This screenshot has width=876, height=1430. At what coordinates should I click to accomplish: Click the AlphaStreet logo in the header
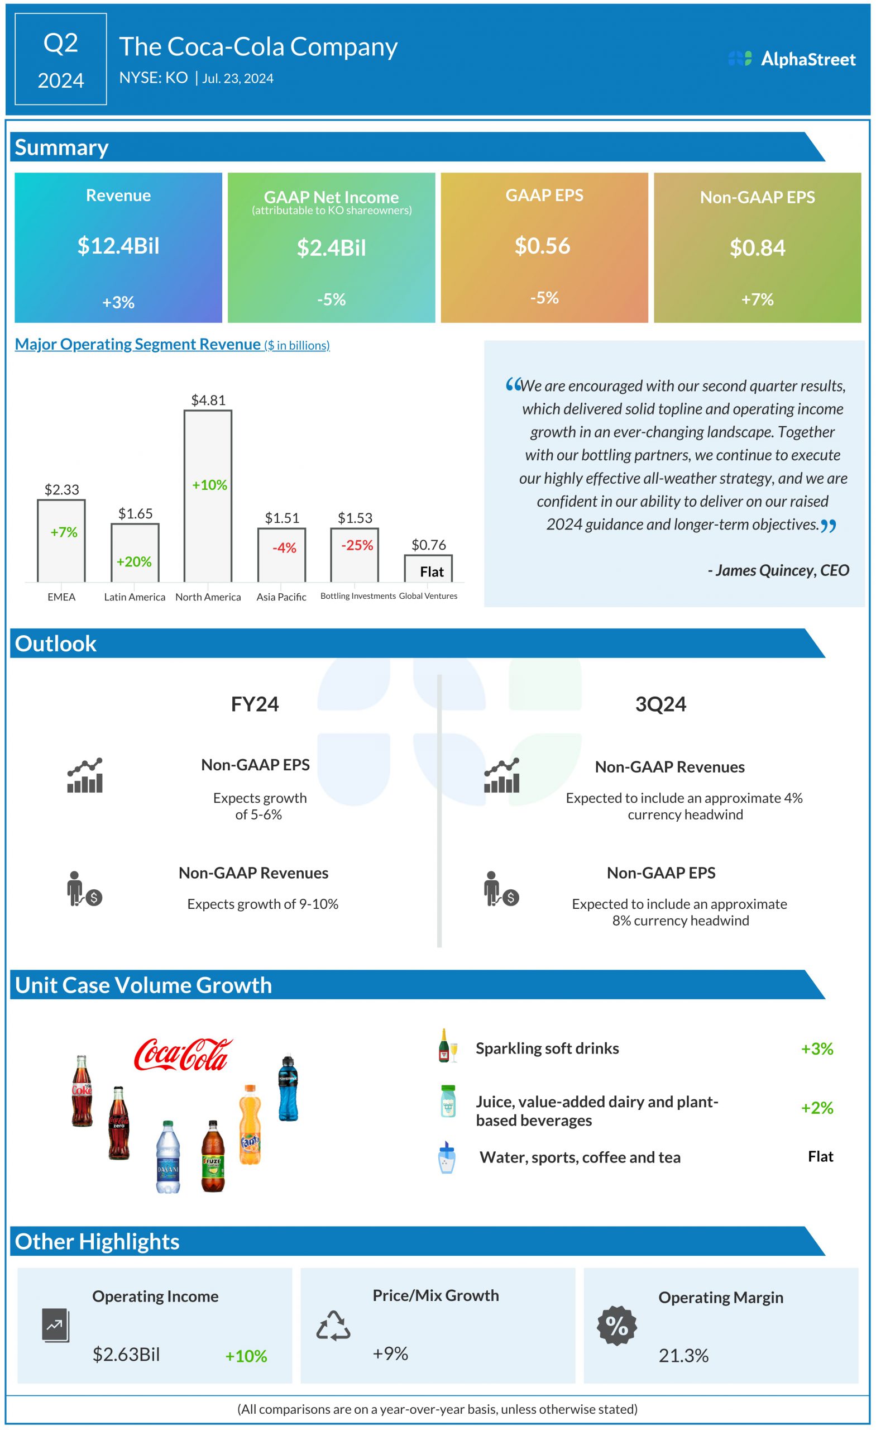coord(792,59)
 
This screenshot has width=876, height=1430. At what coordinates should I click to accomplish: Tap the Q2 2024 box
coord(60,59)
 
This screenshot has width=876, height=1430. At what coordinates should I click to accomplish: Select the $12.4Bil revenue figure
coord(118,245)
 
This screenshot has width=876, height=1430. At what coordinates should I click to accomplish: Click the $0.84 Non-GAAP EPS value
coord(757,248)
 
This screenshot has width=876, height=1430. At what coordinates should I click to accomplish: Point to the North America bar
coord(208,496)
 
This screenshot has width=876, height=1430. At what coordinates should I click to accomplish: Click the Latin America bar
coord(135,552)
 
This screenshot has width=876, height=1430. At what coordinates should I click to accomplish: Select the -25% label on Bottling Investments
coord(357,545)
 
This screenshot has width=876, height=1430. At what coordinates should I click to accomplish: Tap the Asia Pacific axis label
coord(281,597)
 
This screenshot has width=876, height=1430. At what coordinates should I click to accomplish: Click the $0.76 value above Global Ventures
coord(429,545)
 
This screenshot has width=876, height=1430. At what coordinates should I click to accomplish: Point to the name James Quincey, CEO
coord(778,570)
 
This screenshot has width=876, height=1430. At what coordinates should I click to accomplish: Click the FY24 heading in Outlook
coord(255,704)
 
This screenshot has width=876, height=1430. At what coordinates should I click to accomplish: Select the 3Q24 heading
coord(660,704)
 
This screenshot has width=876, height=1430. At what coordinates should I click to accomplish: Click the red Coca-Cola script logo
coord(183,1054)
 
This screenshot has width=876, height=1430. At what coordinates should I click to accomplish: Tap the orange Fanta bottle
coord(250,1124)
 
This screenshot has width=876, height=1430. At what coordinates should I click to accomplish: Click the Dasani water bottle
coord(167,1156)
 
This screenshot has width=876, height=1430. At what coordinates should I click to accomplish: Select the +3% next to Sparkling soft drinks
coord(816,1048)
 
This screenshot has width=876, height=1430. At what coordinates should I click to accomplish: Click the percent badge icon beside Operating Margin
coord(617,1326)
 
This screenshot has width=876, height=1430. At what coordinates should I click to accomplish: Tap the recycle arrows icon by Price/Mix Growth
coord(333,1326)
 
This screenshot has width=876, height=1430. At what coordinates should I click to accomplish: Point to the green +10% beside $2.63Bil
coord(246,1356)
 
